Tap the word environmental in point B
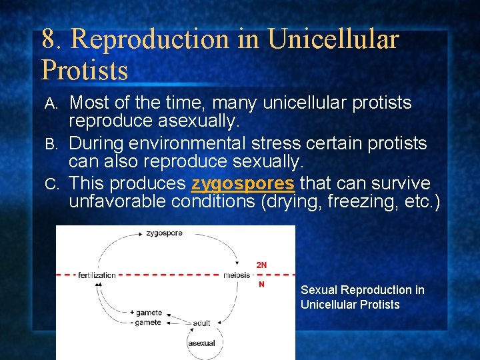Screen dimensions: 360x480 click(x=183, y=143)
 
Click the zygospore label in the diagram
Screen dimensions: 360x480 click(x=164, y=233)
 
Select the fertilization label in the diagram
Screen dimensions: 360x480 click(x=97, y=275)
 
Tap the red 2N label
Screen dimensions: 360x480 click(x=261, y=265)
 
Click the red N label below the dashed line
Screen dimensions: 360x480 click(x=261, y=284)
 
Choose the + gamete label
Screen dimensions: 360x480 click(x=145, y=313)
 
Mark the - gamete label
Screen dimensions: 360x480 click(x=146, y=322)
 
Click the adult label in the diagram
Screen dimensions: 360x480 click(x=201, y=323)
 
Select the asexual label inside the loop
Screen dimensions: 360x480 click(x=202, y=343)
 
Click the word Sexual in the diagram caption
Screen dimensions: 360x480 click(x=319, y=290)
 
